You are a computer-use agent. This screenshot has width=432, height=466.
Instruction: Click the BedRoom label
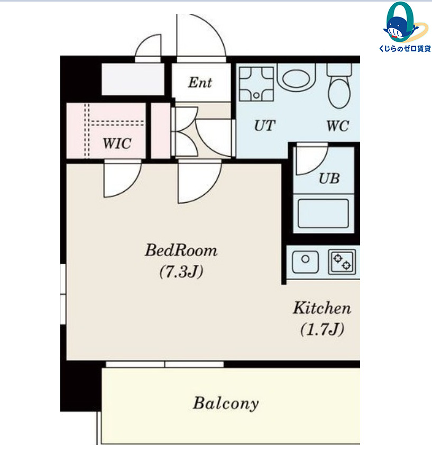point(181,250)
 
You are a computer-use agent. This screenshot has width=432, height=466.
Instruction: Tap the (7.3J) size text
point(181,271)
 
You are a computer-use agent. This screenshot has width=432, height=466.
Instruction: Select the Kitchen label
point(322,308)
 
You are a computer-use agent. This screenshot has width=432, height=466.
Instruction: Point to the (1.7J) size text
point(322,329)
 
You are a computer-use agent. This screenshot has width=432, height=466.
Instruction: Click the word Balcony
point(226,404)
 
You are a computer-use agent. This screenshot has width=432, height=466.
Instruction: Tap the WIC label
point(117,144)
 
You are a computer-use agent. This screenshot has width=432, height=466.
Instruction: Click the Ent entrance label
point(200,82)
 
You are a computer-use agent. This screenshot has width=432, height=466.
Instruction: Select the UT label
point(265,126)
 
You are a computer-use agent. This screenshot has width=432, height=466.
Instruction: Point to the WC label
point(338,126)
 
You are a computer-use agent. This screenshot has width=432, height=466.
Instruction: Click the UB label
point(329,178)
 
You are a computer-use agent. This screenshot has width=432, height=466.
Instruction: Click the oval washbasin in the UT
point(297,78)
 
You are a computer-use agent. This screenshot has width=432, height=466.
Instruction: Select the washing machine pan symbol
point(256,84)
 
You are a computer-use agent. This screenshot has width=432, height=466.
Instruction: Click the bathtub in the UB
point(323,213)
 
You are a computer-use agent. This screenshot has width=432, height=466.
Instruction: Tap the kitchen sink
point(305,262)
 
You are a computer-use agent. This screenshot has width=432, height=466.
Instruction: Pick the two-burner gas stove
point(342,262)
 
